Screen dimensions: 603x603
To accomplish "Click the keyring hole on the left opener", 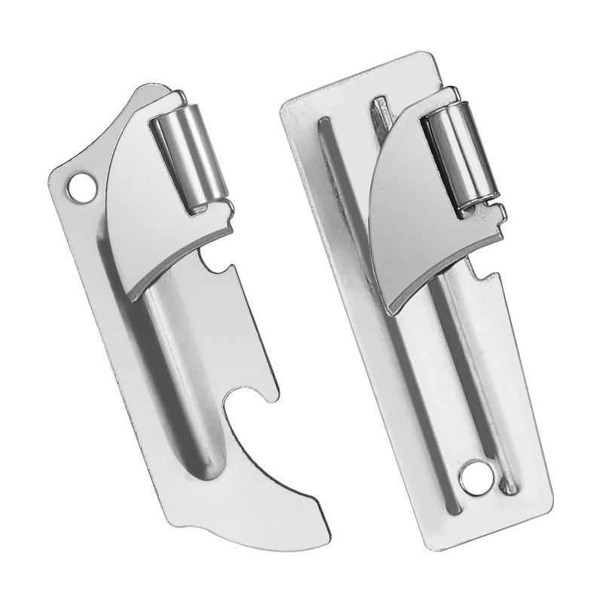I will pos(81,185).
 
